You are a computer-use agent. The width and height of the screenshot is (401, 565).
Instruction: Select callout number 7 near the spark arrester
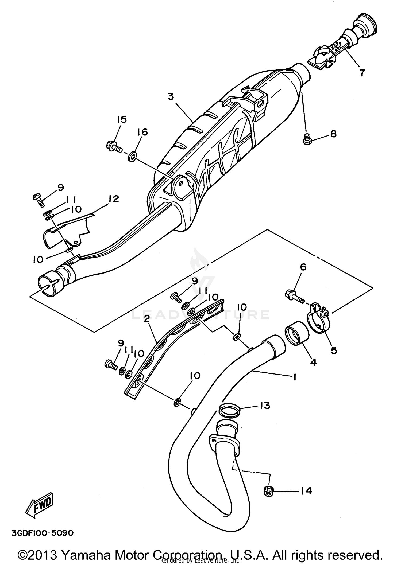pos(362,72)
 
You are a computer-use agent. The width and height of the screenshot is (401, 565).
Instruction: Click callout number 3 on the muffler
pos(171,97)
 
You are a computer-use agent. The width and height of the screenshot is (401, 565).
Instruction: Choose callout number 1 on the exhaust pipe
pos(294,377)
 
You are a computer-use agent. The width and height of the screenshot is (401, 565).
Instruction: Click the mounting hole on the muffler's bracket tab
pos(181,184)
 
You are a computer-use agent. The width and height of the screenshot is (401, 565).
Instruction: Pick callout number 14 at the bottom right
pos(306,491)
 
